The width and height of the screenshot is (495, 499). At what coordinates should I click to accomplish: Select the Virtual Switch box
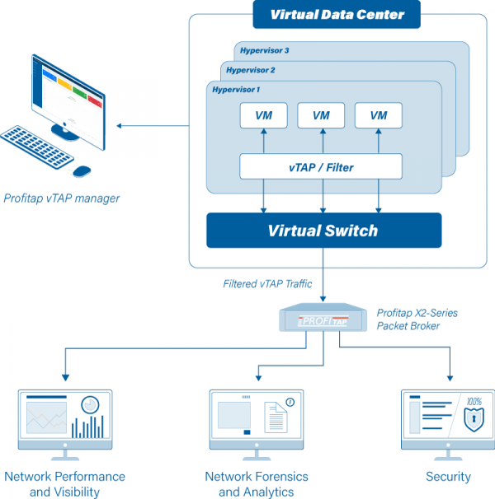[323, 231]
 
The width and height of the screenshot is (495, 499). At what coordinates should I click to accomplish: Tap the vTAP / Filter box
[321, 166]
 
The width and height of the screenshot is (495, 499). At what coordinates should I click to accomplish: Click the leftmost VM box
[263, 115]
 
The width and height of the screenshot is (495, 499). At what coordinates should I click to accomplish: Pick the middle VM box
[321, 115]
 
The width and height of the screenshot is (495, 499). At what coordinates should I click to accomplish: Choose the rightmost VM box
[379, 115]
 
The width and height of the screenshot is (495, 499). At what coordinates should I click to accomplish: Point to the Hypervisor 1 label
[236, 89]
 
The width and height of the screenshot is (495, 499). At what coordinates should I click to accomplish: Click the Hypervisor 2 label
[251, 70]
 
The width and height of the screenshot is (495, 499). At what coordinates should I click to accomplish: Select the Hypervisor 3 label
[263, 50]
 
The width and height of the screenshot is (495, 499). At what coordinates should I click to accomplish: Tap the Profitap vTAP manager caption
[62, 198]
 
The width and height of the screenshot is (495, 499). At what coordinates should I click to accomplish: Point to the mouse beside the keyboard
[81, 170]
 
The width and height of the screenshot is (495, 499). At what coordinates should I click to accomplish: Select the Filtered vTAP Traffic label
[267, 284]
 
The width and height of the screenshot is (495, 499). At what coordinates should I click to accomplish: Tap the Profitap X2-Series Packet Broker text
[417, 319]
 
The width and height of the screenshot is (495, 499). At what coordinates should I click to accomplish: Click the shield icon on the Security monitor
[474, 420]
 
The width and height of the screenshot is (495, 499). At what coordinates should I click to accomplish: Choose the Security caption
[448, 477]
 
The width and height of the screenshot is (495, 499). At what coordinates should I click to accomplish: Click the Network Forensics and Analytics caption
[256, 484]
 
